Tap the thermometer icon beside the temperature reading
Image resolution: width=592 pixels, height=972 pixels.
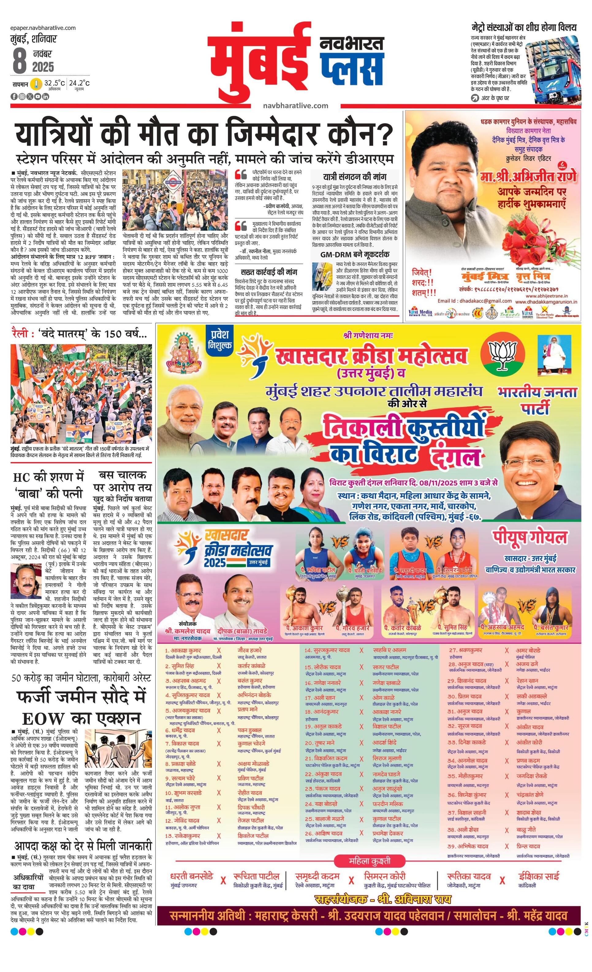point(37,84)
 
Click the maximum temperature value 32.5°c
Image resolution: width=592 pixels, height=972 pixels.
point(55,83)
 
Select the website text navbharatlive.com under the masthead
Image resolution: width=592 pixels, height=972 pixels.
point(295,105)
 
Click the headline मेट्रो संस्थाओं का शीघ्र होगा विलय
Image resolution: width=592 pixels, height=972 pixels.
point(524,28)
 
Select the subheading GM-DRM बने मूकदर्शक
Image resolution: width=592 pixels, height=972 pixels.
point(355,254)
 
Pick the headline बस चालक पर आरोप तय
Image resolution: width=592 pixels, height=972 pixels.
point(122,481)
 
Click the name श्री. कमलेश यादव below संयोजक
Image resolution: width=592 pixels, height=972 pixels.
point(187,632)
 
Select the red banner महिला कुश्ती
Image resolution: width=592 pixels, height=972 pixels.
point(370,861)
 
